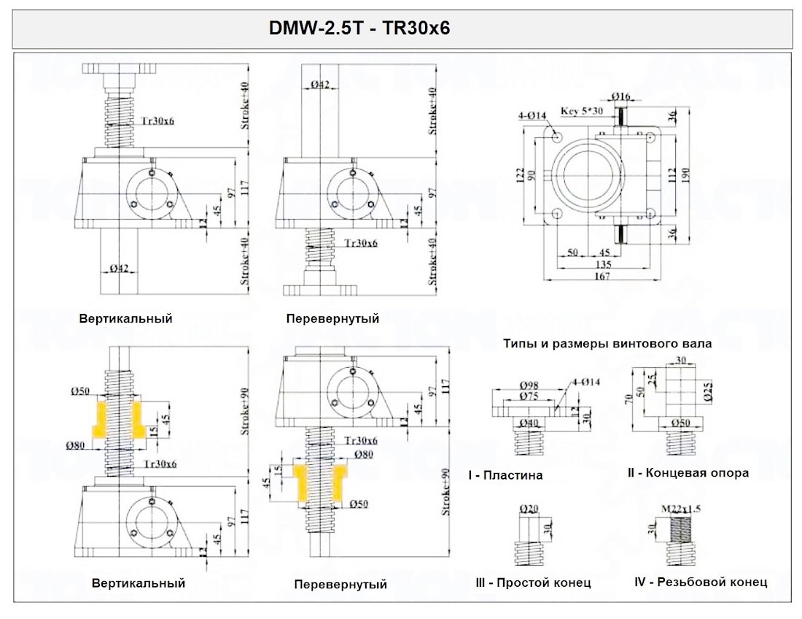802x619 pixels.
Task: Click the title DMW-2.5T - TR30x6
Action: click(x=360, y=28)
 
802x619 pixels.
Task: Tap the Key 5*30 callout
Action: click(x=581, y=112)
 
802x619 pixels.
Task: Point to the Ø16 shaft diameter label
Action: click(x=621, y=96)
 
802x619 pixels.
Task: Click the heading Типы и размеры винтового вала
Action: click(x=607, y=343)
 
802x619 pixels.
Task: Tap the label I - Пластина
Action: click(x=505, y=475)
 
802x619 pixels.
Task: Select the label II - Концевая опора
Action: click(x=688, y=473)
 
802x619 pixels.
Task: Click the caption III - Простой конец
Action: click(x=533, y=583)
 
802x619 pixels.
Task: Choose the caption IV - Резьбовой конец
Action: click(x=701, y=582)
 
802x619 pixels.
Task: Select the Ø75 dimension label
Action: click(x=529, y=396)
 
